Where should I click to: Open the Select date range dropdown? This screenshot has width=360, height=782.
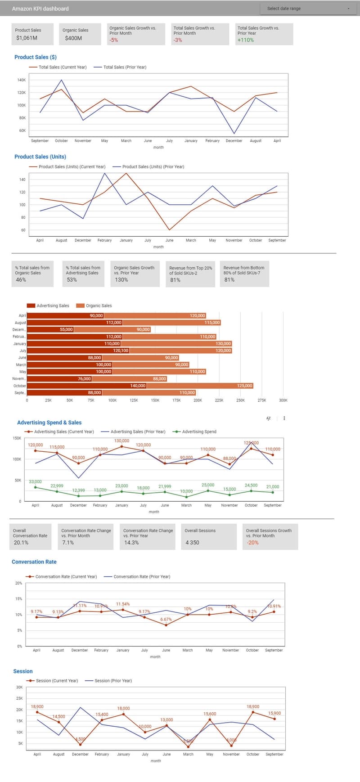click(x=308, y=9)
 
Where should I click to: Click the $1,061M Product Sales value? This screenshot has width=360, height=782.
click(x=27, y=38)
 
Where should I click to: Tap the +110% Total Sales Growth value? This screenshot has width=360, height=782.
click(x=246, y=40)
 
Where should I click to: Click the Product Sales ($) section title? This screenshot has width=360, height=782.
click(x=36, y=57)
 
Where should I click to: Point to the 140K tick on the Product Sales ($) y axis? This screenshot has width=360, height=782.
click(x=21, y=80)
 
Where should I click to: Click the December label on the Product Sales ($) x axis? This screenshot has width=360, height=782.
click(x=234, y=141)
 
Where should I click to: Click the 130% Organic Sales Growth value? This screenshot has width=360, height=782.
click(x=121, y=280)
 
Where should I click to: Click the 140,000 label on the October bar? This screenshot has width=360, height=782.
click(x=138, y=386)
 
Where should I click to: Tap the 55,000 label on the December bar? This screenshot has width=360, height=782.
click(x=66, y=329)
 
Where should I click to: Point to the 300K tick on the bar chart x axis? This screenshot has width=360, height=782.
click(x=283, y=400)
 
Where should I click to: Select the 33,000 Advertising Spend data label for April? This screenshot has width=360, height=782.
click(x=35, y=481)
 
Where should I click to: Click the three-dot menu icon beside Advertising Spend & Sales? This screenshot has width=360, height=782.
click(x=284, y=418)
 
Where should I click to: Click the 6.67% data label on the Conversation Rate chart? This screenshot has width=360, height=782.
click(x=166, y=620)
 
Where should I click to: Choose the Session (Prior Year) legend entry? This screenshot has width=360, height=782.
click(x=113, y=681)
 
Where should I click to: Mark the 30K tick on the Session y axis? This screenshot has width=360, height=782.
click(x=19, y=688)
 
